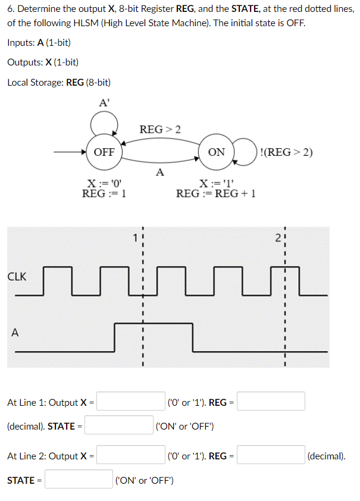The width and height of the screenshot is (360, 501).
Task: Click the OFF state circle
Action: tap(104, 152)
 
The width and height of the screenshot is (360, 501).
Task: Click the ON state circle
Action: tap(217, 152)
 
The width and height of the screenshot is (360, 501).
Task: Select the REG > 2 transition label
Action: tap(160, 129)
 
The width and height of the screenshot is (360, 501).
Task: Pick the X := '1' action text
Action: tap(217, 183)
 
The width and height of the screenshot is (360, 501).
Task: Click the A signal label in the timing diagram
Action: tap(14, 333)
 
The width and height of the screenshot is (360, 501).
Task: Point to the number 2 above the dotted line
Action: tap(278, 237)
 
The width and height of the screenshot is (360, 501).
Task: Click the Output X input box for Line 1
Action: tap(132, 402)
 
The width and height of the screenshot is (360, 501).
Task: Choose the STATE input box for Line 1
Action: tap(120, 425)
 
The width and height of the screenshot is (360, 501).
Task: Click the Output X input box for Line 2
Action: tap(132, 456)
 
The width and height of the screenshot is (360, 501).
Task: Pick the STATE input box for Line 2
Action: tap(79, 480)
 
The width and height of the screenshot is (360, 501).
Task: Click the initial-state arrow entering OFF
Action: tap(68, 152)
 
